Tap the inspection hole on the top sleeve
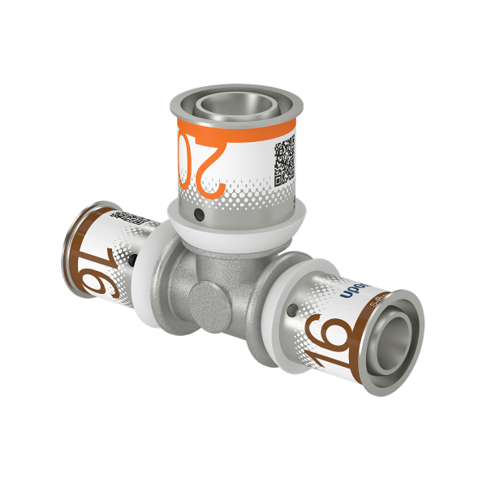(x=197, y=217)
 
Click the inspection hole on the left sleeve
(x=132, y=261)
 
